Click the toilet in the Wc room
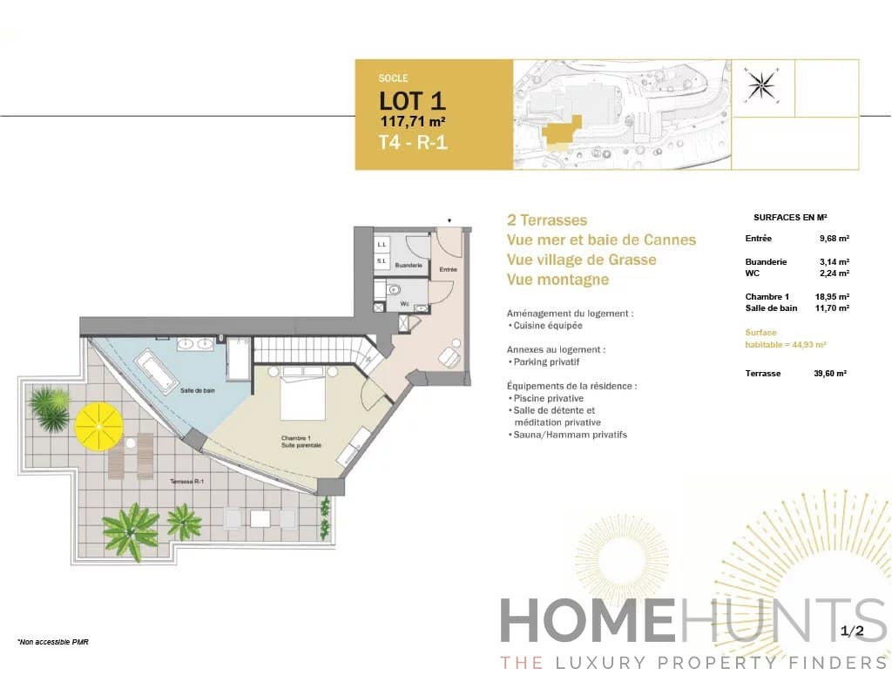[394, 289]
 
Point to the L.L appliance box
[382, 244]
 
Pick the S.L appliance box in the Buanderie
[382, 260]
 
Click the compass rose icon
[763, 85]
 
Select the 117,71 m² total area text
[413, 121]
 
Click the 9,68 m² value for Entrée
[834, 239]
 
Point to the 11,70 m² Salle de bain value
[832, 308]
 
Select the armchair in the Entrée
[450, 357]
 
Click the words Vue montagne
[557, 280]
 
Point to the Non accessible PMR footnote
[53, 642]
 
